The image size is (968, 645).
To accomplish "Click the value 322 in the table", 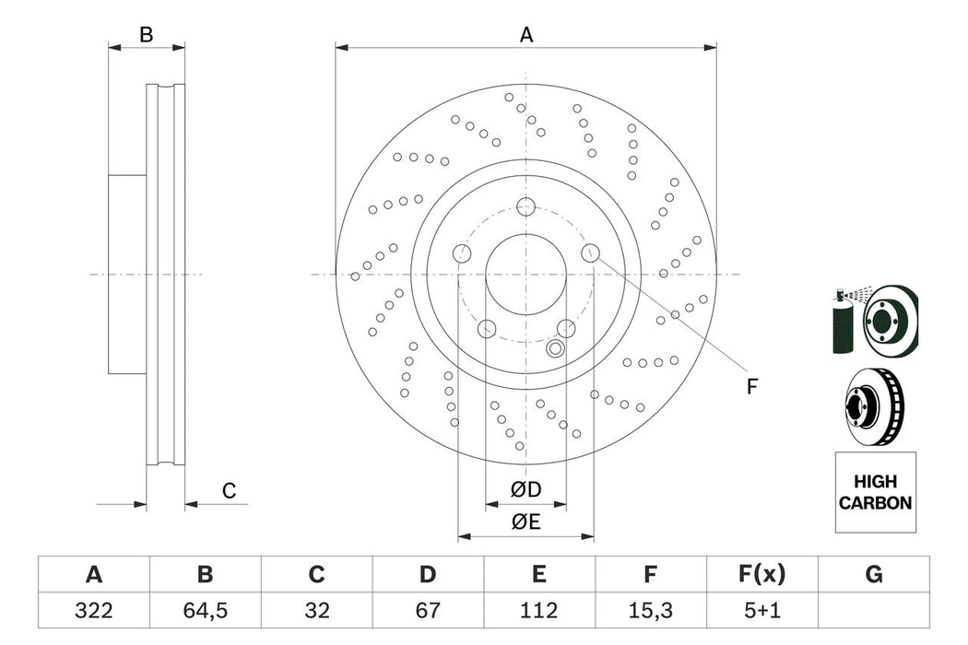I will (x=93, y=611).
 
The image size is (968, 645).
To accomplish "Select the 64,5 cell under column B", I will (x=205, y=611).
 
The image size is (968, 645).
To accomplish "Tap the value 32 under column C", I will (x=316, y=611).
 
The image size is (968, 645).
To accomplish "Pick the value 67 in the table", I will (x=428, y=611).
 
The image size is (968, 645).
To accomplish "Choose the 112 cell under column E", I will (x=539, y=611).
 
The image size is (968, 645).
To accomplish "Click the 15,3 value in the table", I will (x=650, y=611).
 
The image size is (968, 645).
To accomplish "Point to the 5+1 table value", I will (x=761, y=611).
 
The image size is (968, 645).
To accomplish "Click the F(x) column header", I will (x=761, y=575).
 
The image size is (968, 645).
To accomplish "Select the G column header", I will (x=874, y=575).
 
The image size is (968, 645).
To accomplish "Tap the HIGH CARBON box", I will (x=875, y=492).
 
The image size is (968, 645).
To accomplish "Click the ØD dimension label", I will (x=526, y=488).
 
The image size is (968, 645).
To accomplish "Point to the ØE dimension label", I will (x=526, y=522).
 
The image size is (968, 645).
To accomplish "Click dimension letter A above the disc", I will (x=526, y=35).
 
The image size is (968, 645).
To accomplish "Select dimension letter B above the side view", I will (x=146, y=35).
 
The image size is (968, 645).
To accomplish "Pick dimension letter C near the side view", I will (x=229, y=491).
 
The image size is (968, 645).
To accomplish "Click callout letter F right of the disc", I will (x=751, y=387).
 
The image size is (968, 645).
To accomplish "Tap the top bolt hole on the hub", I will (x=525, y=205).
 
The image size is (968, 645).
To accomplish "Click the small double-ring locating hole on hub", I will (x=555, y=348).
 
